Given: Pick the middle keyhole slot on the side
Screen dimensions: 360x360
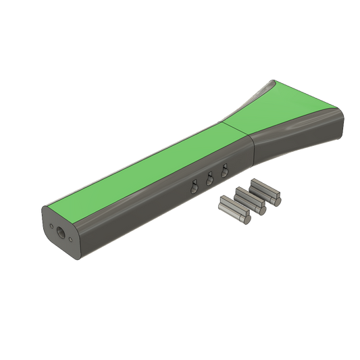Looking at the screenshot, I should coord(209,180).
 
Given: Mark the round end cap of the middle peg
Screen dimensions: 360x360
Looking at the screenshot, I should coord(262,209).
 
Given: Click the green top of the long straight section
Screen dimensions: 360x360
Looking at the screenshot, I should coord(149,162).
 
